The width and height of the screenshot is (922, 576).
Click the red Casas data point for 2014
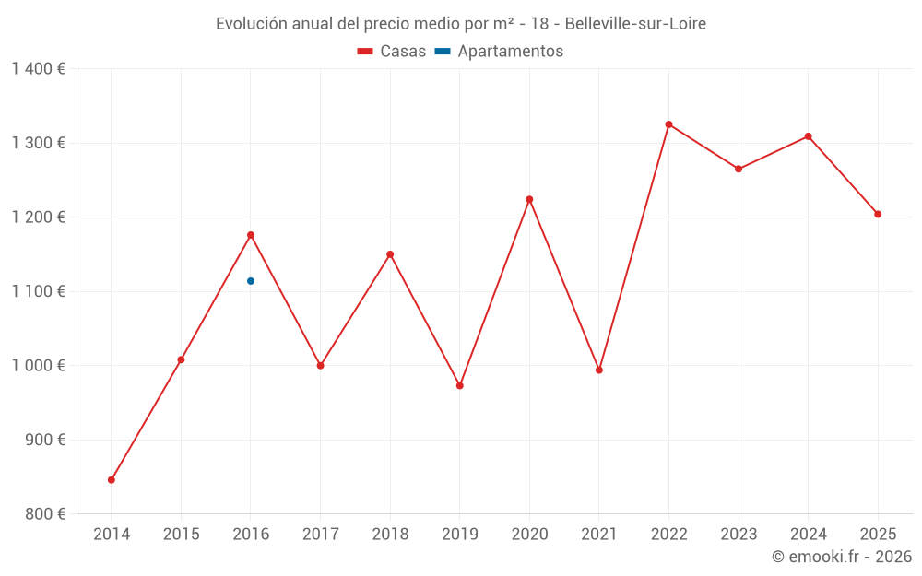pyautogui.click(x=112, y=480)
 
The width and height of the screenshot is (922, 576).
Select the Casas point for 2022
pyautogui.click(x=668, y=124)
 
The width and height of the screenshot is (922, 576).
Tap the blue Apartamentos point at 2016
pyautogui.click(x=251, y=281)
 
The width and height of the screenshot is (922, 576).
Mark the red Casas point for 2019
pyautogui.click(x=460, y=386)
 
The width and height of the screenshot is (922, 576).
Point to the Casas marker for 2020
pyautogui.click(x=529, y=199)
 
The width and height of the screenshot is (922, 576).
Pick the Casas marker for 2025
pyautogui.click(x=878, y=215)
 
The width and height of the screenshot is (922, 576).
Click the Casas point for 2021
pyautogui.click(x=599, y=370)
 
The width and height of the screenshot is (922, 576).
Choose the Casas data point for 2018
pyautogui.click(x=390, y=254)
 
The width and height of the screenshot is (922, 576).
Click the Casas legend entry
pyautogui.click(x=392, y=52)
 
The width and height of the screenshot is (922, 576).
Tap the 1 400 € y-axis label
pyautogui.click(x=39, y=69)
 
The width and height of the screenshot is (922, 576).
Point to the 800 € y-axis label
pyautogui.click(x=44, y=514)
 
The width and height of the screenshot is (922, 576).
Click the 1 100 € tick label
pyautogui.click(x=39, y=291)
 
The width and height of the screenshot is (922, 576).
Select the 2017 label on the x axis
pyautogui.click(x=320, y=535)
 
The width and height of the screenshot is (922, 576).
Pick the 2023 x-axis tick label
pyautogui.click(x=739, y=535)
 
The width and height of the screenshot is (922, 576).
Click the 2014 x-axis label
pyautogui.click(x=112, y=535)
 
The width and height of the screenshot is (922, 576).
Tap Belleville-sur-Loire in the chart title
pyautogui.click(x=635, y=24)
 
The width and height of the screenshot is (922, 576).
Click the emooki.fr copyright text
pyautogui.click(x=842, y=557)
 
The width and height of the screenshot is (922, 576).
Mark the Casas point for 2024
pyautogui.click(x=809, y=136)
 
